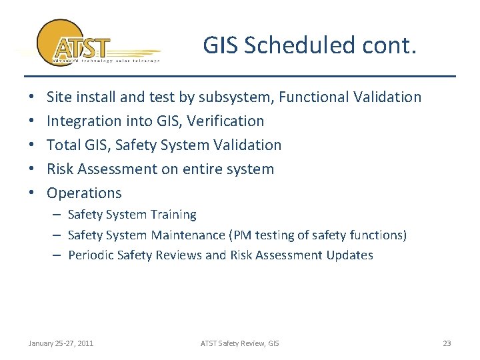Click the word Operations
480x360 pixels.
pos(84,193)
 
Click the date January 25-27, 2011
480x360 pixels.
pos(61,343)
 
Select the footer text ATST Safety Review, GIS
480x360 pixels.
pos(240,343)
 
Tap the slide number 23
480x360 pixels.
pos(447,343)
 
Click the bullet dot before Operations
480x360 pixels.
pos(33,193)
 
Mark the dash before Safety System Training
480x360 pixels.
pos(58,215)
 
